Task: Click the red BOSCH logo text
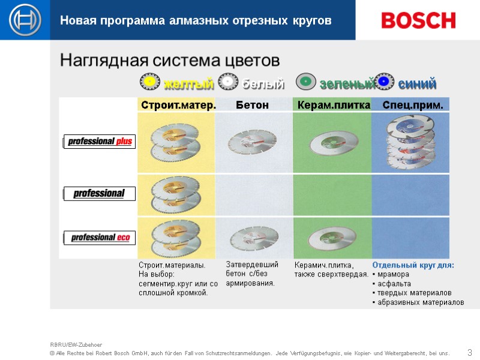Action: (x=418, y=20)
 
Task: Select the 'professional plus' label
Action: (x=100, y=142)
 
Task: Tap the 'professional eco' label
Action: (x=100, y=238)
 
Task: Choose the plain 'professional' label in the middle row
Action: (x=99, y=194)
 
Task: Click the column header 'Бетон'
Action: (x=252, y=106)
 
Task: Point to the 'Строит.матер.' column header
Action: (x=178, y=106)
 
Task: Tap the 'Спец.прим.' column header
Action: (x=413, y=106)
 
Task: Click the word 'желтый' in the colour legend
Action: (x=188, y=83)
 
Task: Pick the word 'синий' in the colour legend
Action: (x=417, y=83)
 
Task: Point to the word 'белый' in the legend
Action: (x=263, y=83)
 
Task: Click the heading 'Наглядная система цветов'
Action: (x=170, y=61)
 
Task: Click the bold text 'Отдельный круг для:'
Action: (x=413, y=265)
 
